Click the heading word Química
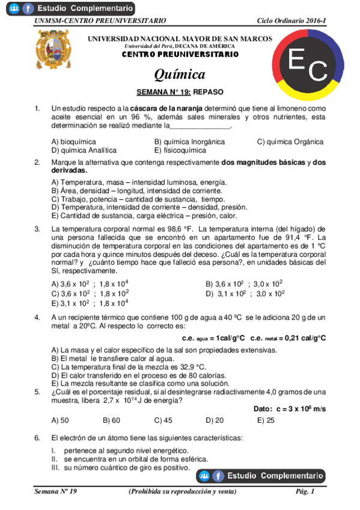coord(180,75)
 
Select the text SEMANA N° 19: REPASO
coord(180,93)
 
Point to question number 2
coord(37,162)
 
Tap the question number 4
coord(37,316)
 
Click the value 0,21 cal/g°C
coord(304,338)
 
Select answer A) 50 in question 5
coord(60,420)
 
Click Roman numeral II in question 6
coord(54,458)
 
